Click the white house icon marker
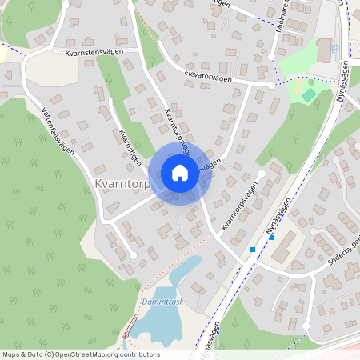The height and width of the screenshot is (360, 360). tap(180, 172)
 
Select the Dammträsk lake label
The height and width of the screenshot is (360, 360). tap(162, 302)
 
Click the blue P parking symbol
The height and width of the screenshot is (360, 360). tap(336, 47)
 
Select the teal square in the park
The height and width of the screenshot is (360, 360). tap(309, 95)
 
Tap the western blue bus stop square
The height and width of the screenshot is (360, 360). tap(253, 250)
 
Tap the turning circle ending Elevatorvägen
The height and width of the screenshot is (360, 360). tap(273, 84)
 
